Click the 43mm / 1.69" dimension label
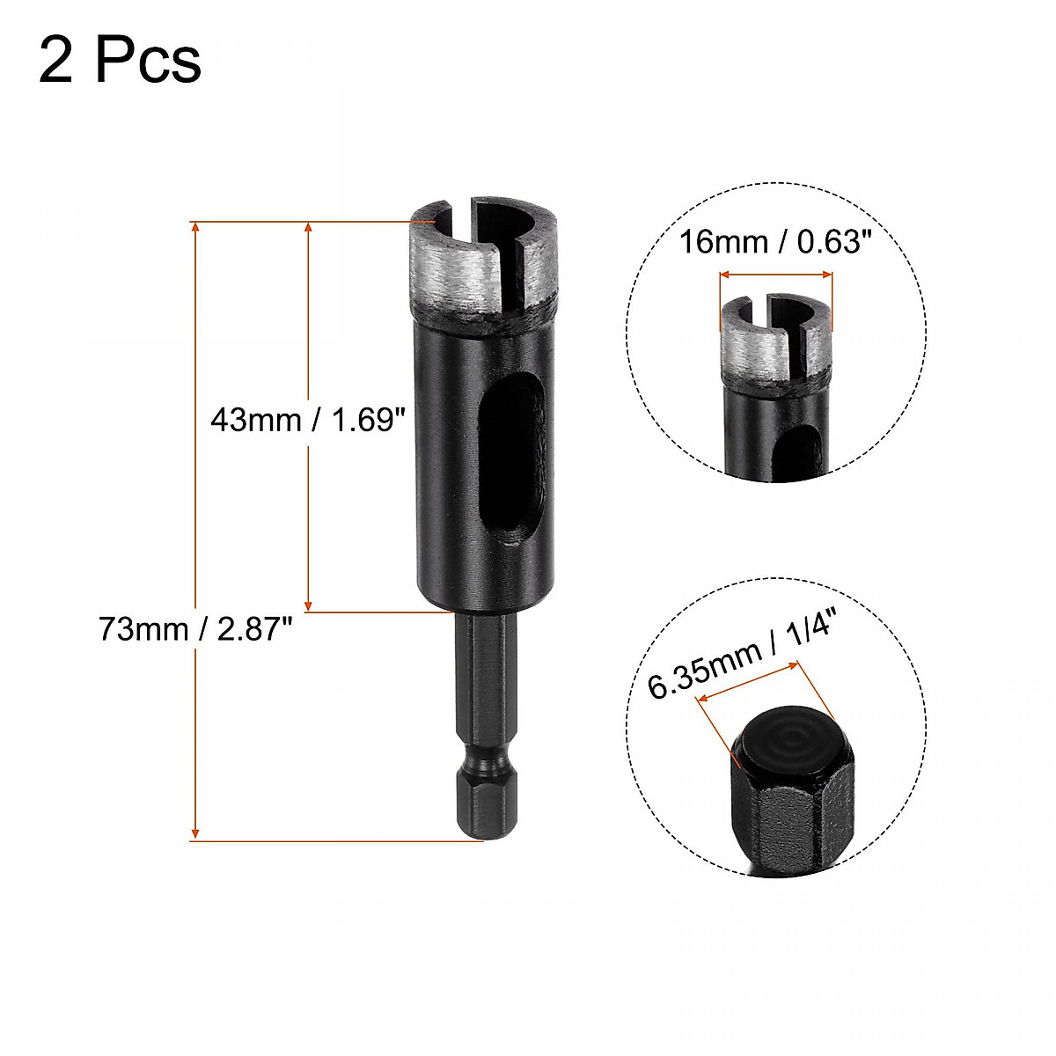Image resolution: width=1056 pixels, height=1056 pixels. tap(306, 420)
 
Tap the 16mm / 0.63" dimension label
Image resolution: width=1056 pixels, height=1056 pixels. tap(775, 242)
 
